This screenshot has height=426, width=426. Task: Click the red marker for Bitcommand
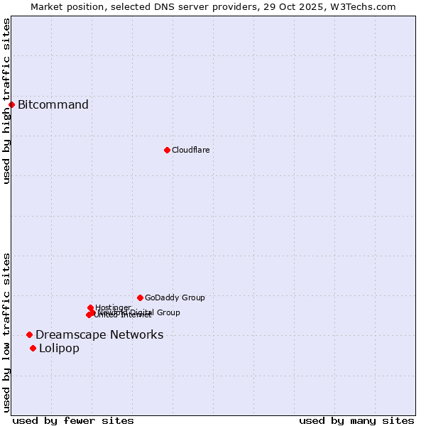point(11,105)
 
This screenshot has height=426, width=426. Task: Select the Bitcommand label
point(53,105)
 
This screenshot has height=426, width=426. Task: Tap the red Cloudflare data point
point(167,150)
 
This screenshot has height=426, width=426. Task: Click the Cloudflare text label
point(190,150)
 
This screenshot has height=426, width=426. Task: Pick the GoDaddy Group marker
point(140,297)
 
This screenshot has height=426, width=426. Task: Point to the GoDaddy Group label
point(175,297)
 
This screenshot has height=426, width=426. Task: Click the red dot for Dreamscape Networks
point(29,334)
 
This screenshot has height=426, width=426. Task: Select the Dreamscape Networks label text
point(99,335)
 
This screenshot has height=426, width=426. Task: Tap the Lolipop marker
point(33,348)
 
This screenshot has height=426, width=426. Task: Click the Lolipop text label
point(59,348)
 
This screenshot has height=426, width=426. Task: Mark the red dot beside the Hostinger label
point(90,307)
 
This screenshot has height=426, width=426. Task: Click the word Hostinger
point(113,307)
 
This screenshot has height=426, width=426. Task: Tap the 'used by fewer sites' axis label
point(73,420)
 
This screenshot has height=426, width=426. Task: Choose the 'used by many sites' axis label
point(356,420)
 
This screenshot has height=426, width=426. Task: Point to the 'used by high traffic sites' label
point(6,101)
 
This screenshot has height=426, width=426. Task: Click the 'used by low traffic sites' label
point(6,332)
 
